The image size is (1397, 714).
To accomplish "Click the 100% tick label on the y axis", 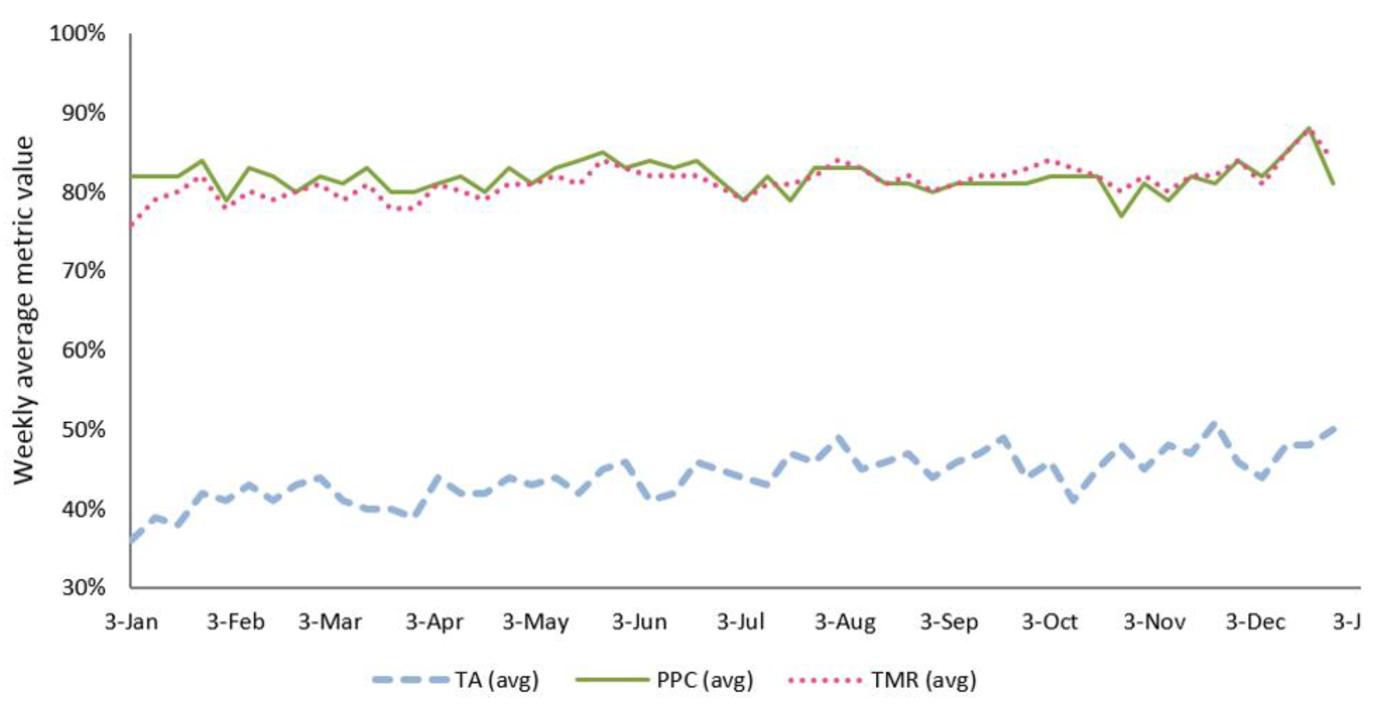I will [x=77, y=34].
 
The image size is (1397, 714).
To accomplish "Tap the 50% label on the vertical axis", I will [x=82, y=430].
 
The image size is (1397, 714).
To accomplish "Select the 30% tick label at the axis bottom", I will [x=82, y=587].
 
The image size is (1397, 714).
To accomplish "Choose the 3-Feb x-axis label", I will [x=235, y=622].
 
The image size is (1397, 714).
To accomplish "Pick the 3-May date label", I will [x=535, y=622].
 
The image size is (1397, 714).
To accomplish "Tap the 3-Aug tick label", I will [x=845, y=622].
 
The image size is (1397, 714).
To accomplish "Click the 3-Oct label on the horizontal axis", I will [x=1049, y=622].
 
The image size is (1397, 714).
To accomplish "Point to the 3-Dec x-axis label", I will [x=1255, y=622].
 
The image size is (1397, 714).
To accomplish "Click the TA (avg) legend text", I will [x=497, y=680].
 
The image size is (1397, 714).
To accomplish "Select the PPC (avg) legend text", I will [x=705, y=680].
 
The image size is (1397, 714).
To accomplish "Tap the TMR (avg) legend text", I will [x=924, y=680].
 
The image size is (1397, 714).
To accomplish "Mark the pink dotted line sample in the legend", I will [x=825, y=680].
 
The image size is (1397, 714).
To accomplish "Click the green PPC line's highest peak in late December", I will [x=1309, y=128].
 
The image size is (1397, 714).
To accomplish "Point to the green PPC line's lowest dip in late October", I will [x=1122, y=216].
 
